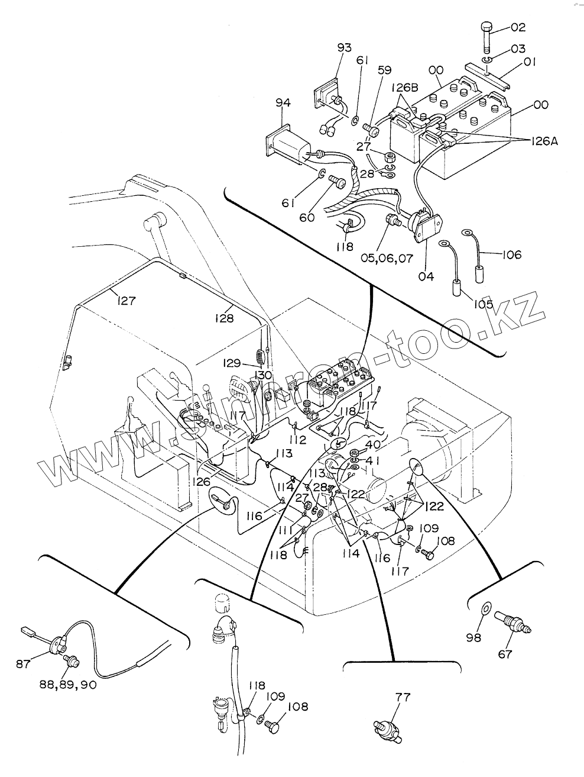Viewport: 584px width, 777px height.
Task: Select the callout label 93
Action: point(345,47)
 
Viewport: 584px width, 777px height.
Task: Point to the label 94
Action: point(283,103)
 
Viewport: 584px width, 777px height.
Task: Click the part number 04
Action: point(426,276)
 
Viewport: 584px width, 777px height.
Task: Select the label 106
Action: point(512,254)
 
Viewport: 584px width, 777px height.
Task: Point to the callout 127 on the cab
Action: point(126,300)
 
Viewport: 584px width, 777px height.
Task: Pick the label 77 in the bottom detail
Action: point(403,697)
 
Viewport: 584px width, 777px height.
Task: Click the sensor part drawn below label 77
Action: point(387,728)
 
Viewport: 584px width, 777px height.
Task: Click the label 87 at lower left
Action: point(23,664)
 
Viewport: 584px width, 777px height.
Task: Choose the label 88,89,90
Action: point(68,685)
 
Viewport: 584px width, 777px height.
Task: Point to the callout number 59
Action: point(384,70)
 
